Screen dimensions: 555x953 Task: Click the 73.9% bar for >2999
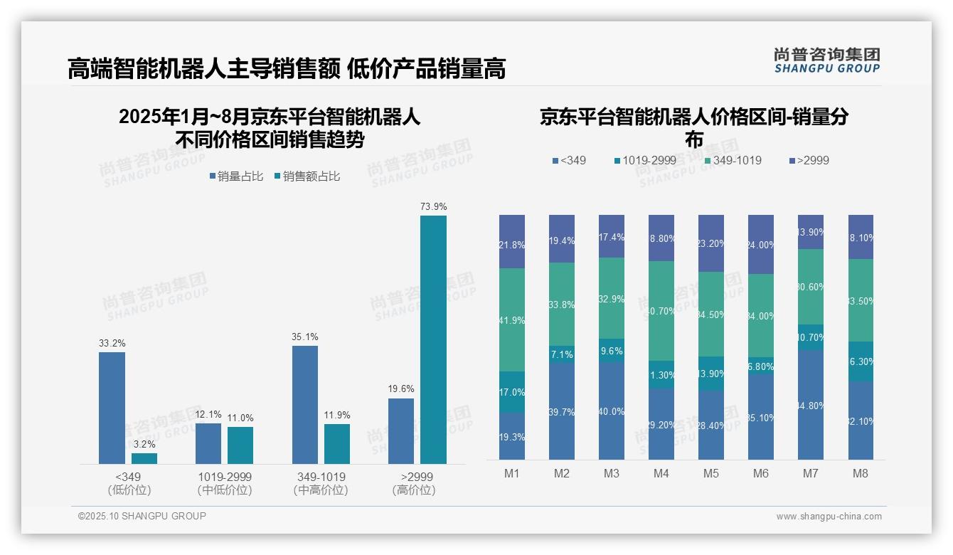pyautogui.click(x=433, y=339)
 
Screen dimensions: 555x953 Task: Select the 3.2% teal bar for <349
pyautogui.click(x=144, y=458)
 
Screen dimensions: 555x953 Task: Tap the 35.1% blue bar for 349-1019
pyautogui.click(x=305, y=404)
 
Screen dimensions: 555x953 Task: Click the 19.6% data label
pyautogui.click(x=401, y=389)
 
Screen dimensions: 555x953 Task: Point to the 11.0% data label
pyautogui.click(x=240, y=418)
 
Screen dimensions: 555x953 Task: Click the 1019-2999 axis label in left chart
pyautogui.click(x=225, y=476)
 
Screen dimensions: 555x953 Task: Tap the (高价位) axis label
pyautogui.click(x=413, y=490)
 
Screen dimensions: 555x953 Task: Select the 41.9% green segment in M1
pyautogui.click(x=512, y=319)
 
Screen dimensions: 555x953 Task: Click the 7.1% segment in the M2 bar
pyautogui.click(x=562, y=354)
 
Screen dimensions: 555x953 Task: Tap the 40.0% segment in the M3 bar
pyautogui.click(x=612, y=411)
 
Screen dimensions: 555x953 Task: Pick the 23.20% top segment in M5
pyautogui.click(x=711, y=243)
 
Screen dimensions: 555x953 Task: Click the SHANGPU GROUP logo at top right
pyautogui.click(x=826, y=60)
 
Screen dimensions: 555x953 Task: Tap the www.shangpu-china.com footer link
pyautogui.click(x=829, y=517)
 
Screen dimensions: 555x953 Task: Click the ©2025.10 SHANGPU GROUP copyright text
pyautogui.click(x=142, y=516)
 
